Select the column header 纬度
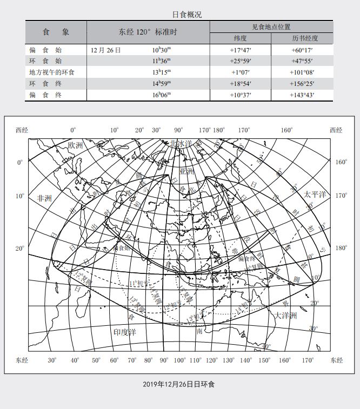(x=241, y=39)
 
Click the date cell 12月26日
(x=106, y=50)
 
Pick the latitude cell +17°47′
(x=241, y=50)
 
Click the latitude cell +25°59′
(x=241, y=62)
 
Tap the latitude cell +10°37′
(x=241, y=95)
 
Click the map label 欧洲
(x=75, y=145)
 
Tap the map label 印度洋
(x=125, y=331)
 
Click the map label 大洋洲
(x=286, y=316)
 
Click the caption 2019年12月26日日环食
(x=179, y=384)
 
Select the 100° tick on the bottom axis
(x=179, y=360)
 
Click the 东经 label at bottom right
(x=336, y=360)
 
